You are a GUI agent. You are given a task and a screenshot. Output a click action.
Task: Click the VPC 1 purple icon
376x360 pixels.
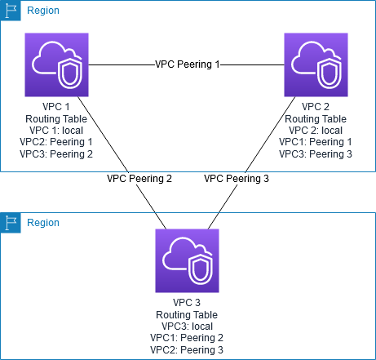coord(56,64)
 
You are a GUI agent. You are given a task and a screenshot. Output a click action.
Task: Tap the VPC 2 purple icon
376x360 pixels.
coord(316,64)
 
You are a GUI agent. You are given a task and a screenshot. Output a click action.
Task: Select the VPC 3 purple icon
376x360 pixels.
coord(187,260)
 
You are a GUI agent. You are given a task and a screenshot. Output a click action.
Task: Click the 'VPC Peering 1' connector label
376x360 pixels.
coord(187,64)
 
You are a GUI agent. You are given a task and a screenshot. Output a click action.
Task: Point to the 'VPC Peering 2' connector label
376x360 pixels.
coord(139,179)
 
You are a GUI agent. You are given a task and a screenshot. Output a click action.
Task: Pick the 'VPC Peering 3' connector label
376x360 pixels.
coord(237,179)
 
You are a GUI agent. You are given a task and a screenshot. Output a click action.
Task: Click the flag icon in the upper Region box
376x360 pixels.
coord(11,11)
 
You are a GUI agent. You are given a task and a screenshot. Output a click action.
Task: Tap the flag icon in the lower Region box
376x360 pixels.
coord(11,223)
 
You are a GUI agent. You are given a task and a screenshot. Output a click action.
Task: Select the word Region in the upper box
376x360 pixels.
coord(43,11)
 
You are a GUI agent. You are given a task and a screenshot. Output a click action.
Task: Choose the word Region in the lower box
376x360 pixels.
coord(43,223)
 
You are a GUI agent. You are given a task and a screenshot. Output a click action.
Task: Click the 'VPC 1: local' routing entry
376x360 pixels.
coord(56,131)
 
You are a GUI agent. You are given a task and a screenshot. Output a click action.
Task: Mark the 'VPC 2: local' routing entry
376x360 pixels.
coord(316,131)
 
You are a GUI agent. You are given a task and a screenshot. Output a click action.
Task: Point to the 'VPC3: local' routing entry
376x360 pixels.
coord(187,327)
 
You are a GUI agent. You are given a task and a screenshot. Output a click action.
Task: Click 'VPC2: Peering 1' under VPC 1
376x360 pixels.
coord(56,142)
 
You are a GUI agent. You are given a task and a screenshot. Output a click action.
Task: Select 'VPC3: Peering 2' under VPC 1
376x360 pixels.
coord(56,154)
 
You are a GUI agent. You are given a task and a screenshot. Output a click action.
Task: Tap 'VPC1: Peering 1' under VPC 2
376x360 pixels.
coord(316,142)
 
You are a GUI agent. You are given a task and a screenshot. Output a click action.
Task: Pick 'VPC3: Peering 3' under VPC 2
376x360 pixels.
coord(316,154)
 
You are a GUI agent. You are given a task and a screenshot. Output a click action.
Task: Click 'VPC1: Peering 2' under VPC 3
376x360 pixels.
coord(187,338)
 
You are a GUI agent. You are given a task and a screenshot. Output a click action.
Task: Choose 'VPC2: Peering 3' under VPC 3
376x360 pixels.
coord(187,350)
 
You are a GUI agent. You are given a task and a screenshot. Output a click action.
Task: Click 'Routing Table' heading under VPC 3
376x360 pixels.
coord(187,315)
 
